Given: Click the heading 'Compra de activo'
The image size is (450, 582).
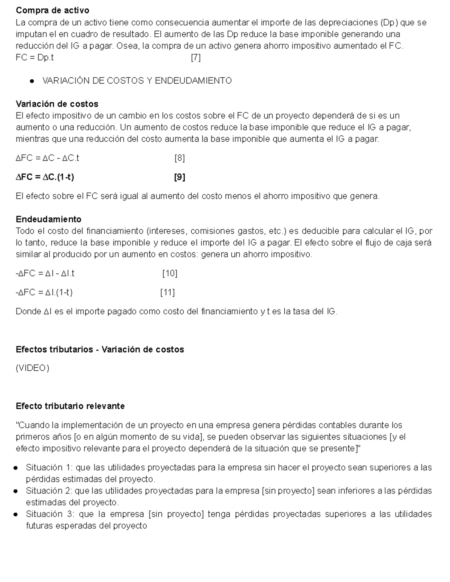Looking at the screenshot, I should tap(52, 10).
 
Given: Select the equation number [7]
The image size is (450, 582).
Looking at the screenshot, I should tap(196, 58).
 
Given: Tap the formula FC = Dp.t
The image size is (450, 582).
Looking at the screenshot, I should tap(34, 58).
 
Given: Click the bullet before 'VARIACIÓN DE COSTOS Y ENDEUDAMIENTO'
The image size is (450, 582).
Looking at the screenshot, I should tap(32, 81).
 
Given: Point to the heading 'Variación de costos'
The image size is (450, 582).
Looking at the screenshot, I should tap(57, 104).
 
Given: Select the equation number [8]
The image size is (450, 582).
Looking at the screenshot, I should tap(180, 158).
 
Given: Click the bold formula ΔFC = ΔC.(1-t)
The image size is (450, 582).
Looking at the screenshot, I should tap(45, 177).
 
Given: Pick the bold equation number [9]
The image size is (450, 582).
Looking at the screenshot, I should tap(180, 177).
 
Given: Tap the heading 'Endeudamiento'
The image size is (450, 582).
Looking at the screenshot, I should tap(48, 219).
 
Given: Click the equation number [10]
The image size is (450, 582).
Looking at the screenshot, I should tap(169, 274).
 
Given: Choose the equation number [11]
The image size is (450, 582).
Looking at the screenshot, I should tap(167, 292).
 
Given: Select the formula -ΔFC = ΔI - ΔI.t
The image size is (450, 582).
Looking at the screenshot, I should tap(45, 274).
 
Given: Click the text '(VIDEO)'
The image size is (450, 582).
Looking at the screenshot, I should tap(32, 368).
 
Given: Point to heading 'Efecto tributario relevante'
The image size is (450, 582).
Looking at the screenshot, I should tap(70, 406).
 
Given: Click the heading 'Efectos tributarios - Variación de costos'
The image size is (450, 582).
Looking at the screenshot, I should tap(100, 349).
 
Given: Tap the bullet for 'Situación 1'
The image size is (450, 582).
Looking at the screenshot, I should tap(16, 468).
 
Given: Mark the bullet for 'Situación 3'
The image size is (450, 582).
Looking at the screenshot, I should tap(16, 515).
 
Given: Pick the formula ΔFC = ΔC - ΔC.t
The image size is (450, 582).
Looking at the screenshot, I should tap(47, 158).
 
